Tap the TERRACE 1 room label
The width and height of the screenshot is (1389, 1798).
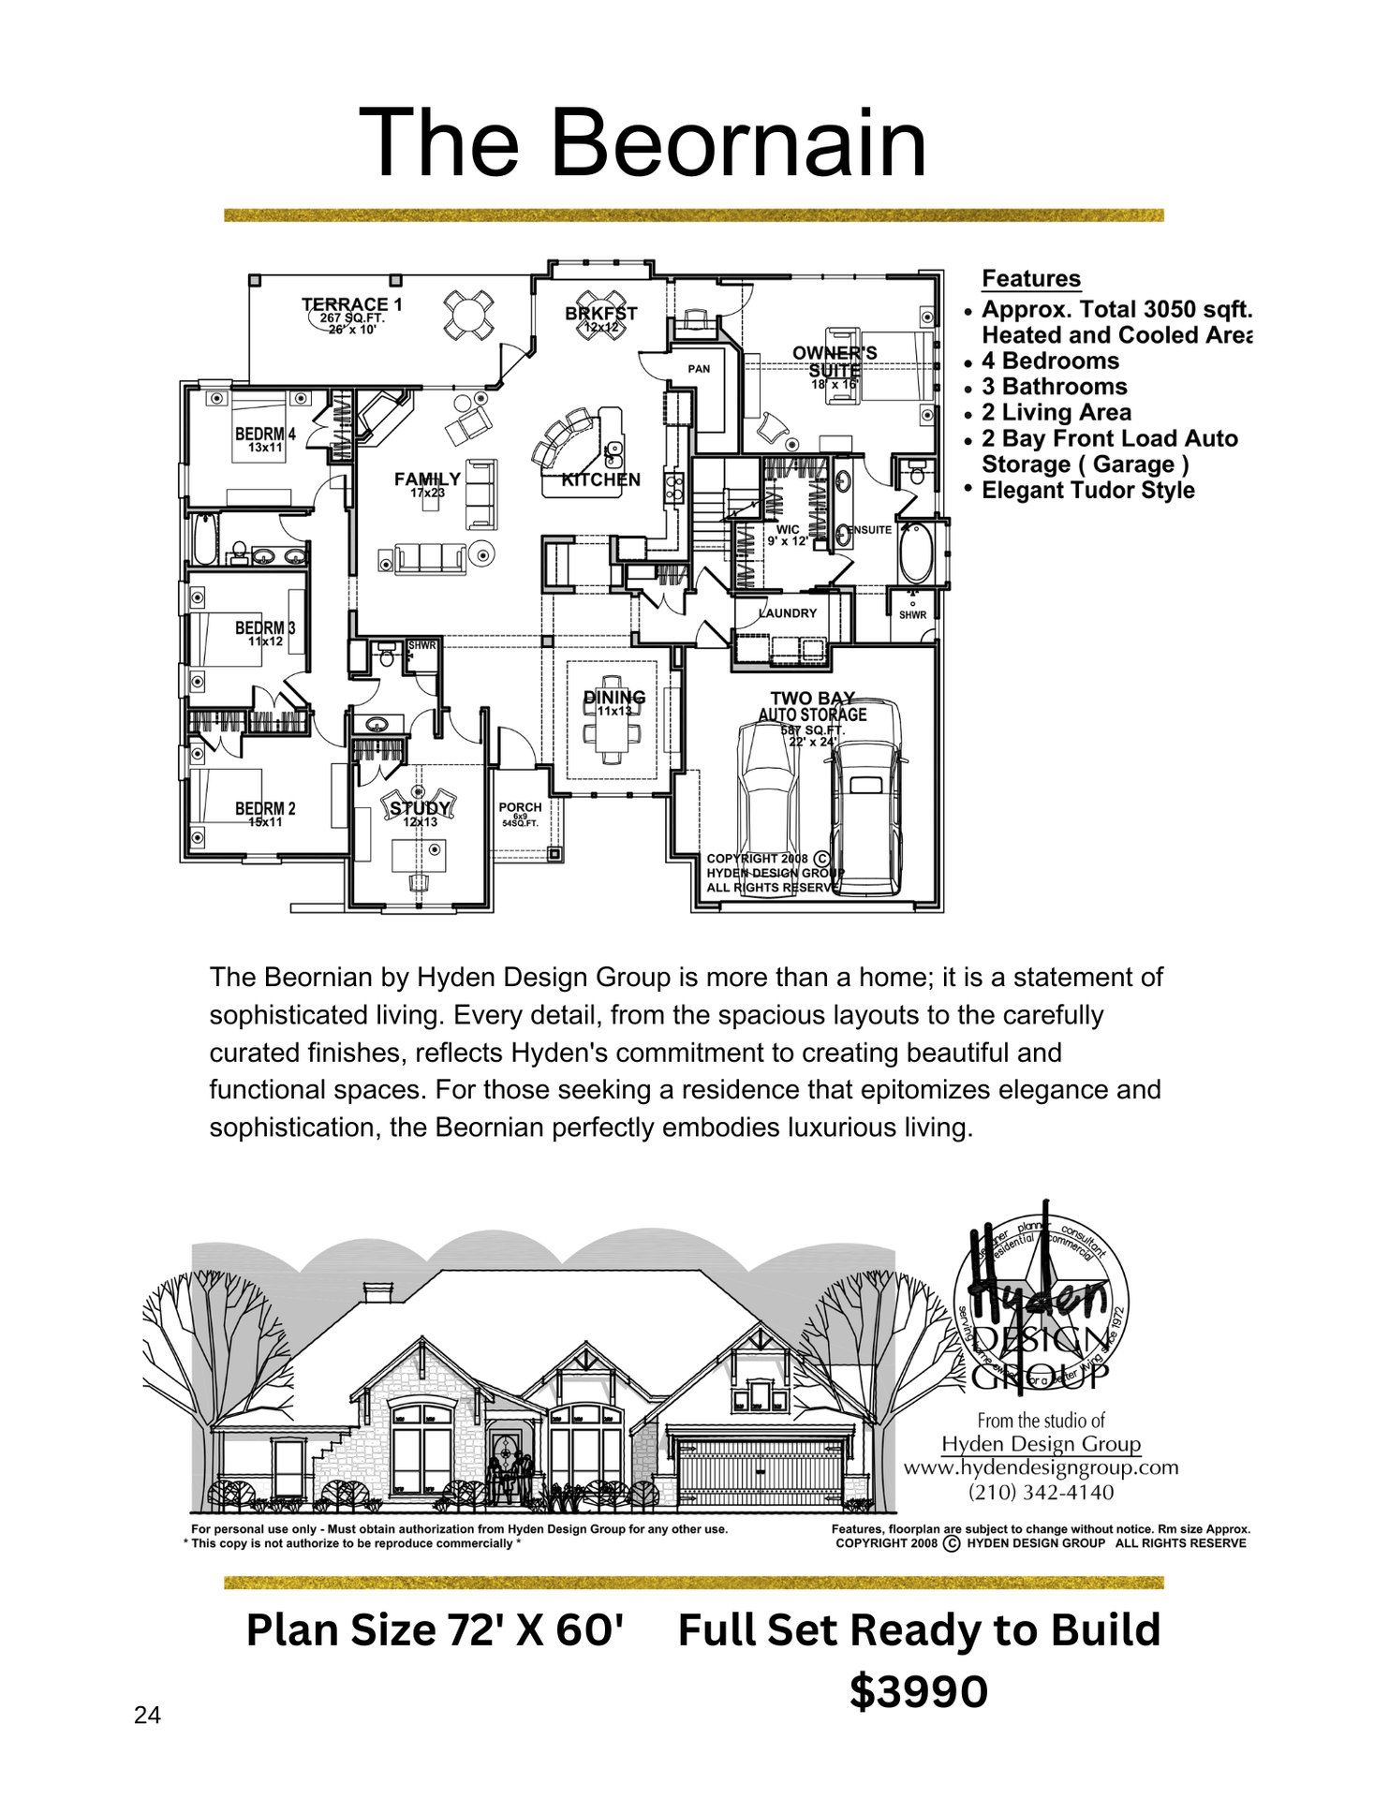coord(351,305)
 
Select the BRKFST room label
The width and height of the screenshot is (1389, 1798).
coord(600,314)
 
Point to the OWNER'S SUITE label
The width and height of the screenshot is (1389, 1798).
coord(835,361)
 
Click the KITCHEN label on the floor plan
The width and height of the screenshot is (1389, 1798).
coord(600,480)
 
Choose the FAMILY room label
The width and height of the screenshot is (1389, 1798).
coord(427,479)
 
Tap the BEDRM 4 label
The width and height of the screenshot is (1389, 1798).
coord(265,435)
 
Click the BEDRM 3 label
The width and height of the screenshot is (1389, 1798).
coord(265,628)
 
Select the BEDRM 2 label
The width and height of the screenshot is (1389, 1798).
coord(265,809)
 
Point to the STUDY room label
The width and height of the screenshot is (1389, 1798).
coord(421,808)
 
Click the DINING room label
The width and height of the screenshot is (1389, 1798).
coord(614,698)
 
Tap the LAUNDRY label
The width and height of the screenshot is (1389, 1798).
coord(788,613)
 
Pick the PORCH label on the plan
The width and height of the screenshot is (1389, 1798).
coord(520,807)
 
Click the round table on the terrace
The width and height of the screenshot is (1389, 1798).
coord(468,315)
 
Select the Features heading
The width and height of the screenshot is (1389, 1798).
coord(1030,279)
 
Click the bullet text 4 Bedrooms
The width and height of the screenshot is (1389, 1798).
coord(1050,361)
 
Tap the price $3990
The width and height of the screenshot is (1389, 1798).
coord(919,1691)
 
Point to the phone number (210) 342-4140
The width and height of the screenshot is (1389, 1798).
coord(1041,1492)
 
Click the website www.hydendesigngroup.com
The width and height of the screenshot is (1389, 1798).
coord(1041,1467)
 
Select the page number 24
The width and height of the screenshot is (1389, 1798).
coord(147,1715)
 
